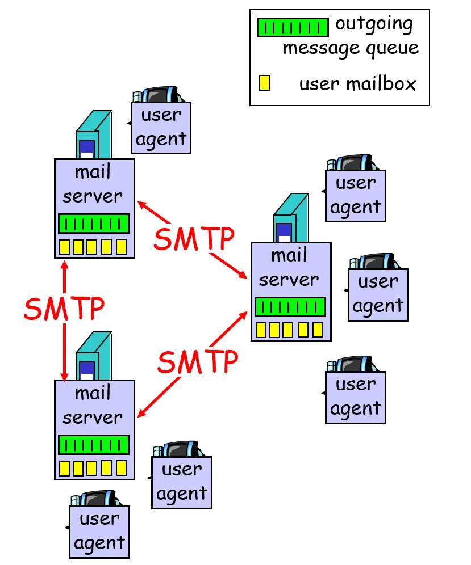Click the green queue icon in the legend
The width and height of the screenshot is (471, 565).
tap(293, 27)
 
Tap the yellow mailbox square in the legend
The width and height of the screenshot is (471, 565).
tap(264, 83)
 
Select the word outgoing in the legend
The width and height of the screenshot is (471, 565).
tap(374, 25)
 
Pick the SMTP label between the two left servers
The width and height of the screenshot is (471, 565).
tap(64, 308)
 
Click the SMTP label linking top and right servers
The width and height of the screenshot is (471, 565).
tap(194, 239)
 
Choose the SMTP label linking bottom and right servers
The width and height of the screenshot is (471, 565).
tap(197, 361)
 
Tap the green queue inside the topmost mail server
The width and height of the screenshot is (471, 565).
tap(94, 224)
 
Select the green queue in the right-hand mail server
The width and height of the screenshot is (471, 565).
tap(290, 307)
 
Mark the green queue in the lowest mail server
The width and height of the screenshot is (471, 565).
tap(94, 445)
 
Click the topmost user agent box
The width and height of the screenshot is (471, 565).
tap(161, 128)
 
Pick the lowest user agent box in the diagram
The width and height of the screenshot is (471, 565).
tap(99, 532)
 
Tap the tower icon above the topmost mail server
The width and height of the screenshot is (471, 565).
tap(93, 135)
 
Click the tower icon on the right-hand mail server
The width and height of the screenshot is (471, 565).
tap(290, 218)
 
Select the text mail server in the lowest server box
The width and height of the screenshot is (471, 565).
tap(93, 405)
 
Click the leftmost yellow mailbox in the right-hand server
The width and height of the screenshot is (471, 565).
tap(261, 330)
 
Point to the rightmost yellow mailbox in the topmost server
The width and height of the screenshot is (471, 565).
tap(122, 247)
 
